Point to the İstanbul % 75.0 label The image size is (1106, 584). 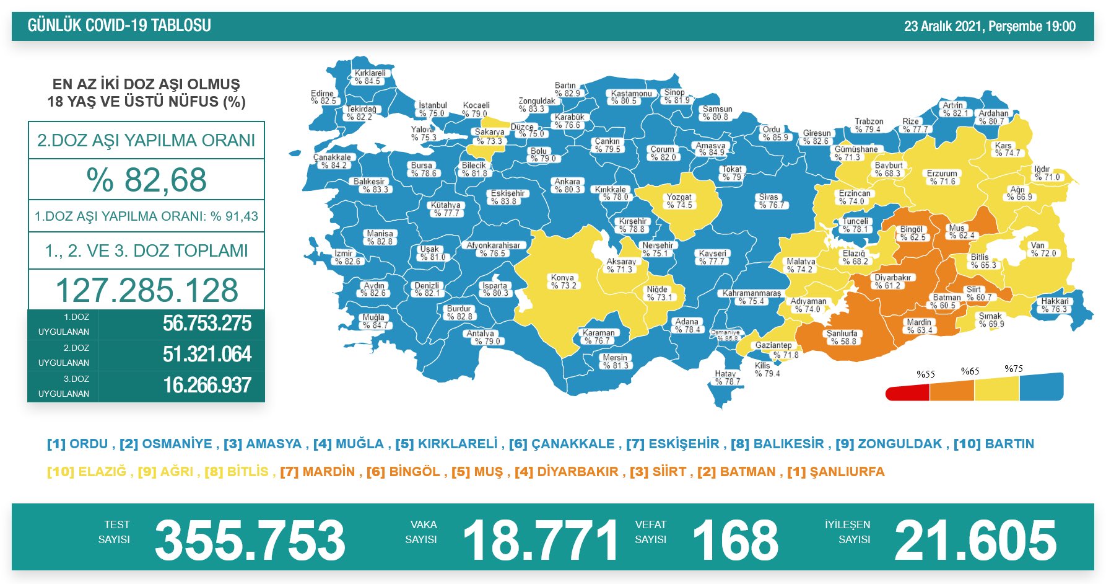point(432,110)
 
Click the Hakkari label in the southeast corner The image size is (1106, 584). point(1055,305)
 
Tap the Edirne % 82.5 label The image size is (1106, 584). point(323,97)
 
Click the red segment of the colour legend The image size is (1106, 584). point(907,393)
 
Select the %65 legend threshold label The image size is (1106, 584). point(970,371)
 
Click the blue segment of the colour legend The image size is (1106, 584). point(1041,387)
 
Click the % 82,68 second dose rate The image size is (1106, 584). point(147,180)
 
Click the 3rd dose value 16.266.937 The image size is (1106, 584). point(207,386)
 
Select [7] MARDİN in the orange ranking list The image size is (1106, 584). point(318,472)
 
